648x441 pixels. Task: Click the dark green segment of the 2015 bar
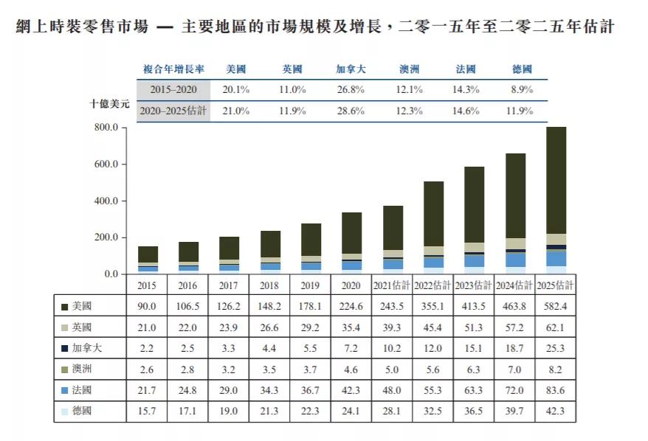(148, 254)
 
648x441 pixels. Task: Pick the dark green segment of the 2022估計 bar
(433, 214)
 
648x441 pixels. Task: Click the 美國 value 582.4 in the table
(555, 305)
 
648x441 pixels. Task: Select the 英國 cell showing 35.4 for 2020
(351, 326)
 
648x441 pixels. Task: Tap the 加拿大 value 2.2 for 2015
(148, 347)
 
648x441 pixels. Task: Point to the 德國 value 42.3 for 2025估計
(555, 410)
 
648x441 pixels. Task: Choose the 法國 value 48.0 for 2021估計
(392, 389)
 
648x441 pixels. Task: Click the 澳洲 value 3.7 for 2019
(311, 368)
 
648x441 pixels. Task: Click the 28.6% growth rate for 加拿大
(351, 111)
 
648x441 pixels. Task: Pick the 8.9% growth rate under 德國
(522, 89)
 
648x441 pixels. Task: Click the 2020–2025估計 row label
(173, 111)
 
